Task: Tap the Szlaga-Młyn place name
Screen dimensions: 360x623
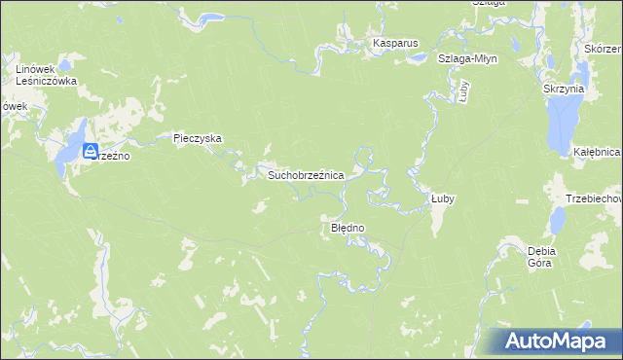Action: point(467,58)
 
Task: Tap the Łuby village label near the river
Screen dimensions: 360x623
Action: point(443,198)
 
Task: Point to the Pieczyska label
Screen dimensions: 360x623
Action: point(198,138)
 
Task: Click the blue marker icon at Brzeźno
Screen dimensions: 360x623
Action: point(91,151)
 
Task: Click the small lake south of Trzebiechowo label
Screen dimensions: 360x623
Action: point(557,222)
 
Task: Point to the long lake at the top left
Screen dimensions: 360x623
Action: point(200,17)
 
